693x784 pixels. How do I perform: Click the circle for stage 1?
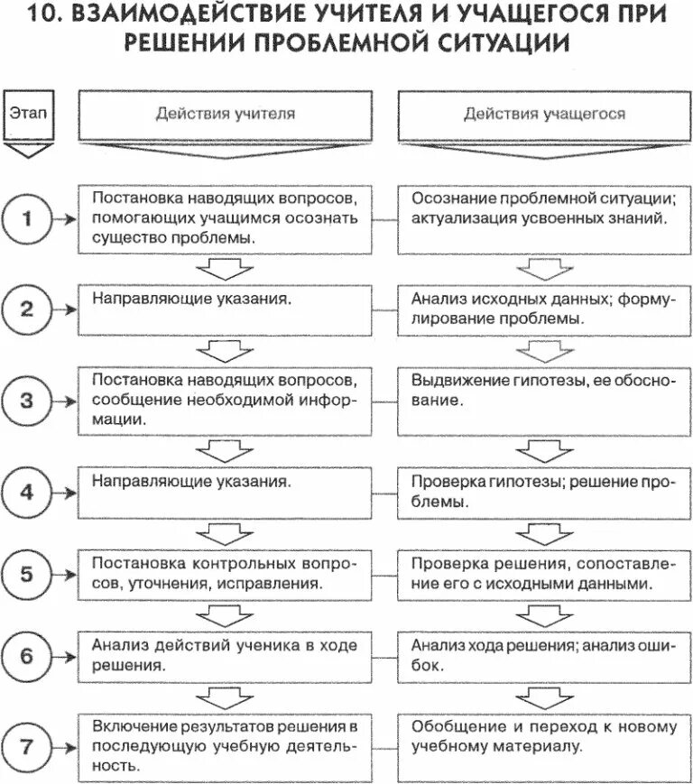point(27,218)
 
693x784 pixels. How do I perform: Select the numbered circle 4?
point(27,492)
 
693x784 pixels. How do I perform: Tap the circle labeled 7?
point(27,747)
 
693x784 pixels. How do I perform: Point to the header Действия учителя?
point(225,115)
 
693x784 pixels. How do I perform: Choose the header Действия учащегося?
point(544,115)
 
